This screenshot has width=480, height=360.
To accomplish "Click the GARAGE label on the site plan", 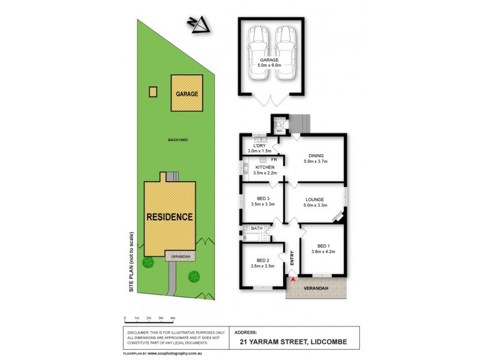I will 187,94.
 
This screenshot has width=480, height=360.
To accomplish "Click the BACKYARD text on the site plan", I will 178,140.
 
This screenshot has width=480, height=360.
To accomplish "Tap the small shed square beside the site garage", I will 153,92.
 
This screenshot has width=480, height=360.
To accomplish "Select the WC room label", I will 279,130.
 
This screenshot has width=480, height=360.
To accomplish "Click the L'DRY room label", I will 259,146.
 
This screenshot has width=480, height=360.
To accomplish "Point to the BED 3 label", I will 262,199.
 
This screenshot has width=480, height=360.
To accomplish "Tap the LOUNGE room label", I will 314,199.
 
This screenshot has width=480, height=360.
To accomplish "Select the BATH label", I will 257,229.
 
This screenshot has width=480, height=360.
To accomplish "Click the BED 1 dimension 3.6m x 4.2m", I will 322,252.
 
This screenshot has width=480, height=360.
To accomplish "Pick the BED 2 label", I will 262,259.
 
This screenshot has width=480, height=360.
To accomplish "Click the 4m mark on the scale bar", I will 173,318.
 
